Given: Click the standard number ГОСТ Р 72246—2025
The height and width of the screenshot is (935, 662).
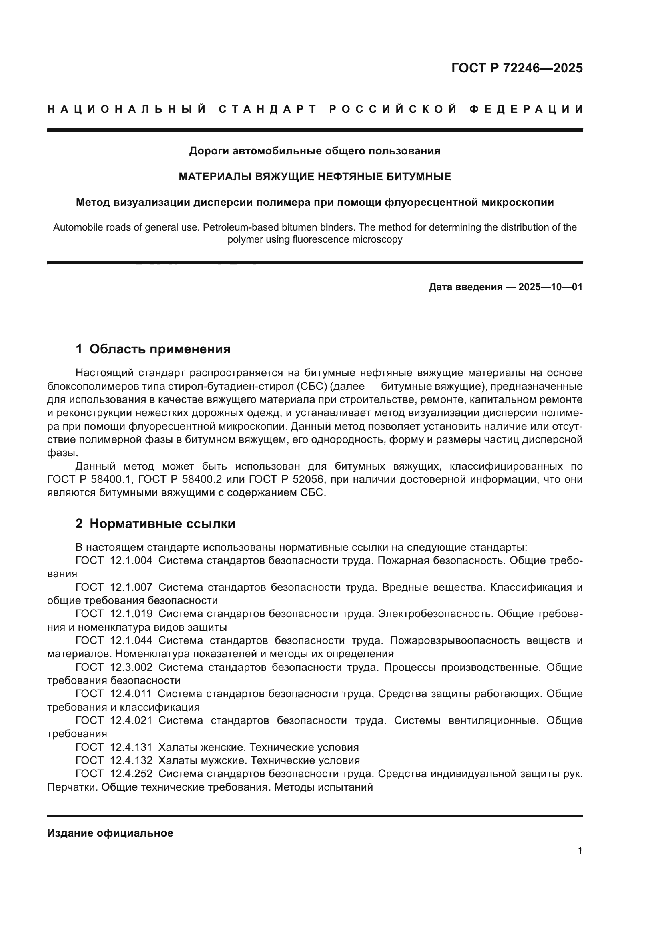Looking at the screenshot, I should pos(517,68).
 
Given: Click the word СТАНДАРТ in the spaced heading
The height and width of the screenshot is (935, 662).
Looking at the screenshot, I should pos(267,109).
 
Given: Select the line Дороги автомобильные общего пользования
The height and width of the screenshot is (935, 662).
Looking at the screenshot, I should pos(315,151).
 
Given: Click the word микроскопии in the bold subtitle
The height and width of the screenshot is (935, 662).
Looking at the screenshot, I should pos(518,202).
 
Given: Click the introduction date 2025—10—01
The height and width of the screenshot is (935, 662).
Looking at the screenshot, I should pos(550,287).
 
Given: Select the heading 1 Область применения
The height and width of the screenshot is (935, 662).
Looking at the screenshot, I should pos(153,349).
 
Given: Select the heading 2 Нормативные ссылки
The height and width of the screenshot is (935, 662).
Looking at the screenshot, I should pos(155,524).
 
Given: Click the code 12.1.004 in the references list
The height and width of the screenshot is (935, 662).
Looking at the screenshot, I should pos(131,561).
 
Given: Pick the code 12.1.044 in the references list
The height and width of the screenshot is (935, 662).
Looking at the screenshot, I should pos(131,640).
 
